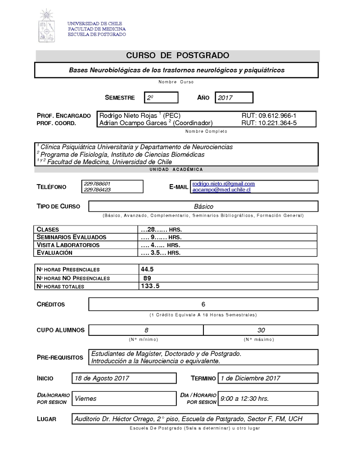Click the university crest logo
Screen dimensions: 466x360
click(47, 26)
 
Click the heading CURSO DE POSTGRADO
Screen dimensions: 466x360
click(177, 55)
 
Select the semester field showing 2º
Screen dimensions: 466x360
click(161, 97)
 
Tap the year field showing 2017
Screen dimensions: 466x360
click(234, 97)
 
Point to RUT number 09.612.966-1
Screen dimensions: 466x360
click(269, 116)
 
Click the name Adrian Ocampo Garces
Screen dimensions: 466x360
click(133, 123)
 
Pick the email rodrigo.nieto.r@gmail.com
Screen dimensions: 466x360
click(224, 184)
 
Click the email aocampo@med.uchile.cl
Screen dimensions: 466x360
click(221, 190)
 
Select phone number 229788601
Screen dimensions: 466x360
click(97, 184)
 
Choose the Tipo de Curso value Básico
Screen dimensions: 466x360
click(203, 207)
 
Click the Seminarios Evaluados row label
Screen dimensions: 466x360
click(72, 237)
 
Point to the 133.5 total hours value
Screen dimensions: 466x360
click(150, 286)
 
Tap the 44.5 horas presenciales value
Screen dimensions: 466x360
click(148, 269)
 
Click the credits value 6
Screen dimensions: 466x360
click(203, 304)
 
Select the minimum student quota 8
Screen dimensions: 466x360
click(146, 330)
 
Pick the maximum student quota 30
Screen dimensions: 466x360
click(261, 330)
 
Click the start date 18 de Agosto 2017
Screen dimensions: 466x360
click(102, 378)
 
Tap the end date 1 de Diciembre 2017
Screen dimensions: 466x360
click(250, 378)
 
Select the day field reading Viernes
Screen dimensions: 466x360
click(85, 398)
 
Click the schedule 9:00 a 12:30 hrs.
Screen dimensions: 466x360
click(244, 398)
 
